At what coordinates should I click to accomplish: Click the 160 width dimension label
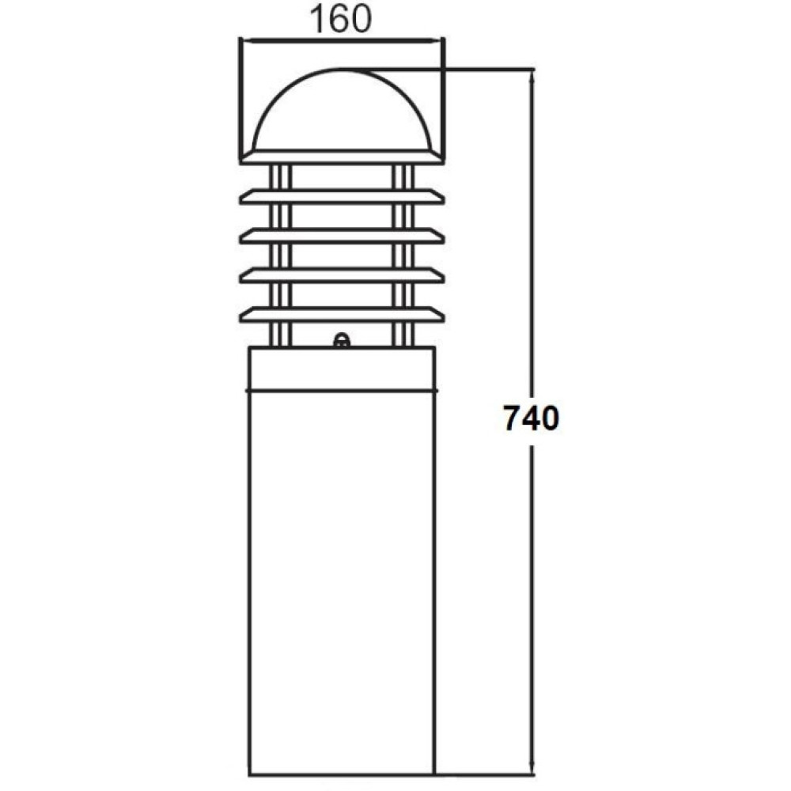point(340,19)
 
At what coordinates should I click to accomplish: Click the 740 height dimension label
point(532,418)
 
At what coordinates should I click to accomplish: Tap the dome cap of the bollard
point(342,109)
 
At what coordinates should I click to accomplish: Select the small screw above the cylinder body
point(342,341)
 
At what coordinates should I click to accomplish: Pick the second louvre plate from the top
point(342,197)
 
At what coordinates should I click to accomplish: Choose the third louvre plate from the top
point(342,236)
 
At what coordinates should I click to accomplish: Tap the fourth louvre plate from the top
point(342,275)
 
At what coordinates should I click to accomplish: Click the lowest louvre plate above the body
point(342,314)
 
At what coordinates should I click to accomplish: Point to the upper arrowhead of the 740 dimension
point(532,76)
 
